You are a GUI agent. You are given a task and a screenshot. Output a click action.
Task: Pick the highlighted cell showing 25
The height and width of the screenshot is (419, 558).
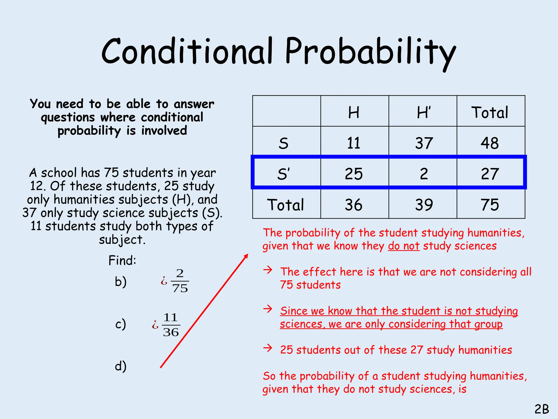click(354, 174)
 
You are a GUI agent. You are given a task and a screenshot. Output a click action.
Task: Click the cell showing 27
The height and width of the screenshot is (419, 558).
click(490, 174)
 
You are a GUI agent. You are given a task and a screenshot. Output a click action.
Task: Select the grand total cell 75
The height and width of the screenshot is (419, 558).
click(490, 205)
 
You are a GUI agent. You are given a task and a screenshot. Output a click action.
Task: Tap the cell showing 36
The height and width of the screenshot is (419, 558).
click(354, 205)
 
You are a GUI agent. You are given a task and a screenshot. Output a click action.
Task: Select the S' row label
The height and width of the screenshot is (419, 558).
click(284, 174)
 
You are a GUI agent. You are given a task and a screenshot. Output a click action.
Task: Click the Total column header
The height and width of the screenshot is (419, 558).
click(490, 112)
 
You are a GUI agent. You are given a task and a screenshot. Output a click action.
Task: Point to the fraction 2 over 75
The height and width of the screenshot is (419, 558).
click(180, 281)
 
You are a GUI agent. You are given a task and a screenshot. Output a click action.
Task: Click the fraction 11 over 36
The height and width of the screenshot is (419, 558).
click(171, 325)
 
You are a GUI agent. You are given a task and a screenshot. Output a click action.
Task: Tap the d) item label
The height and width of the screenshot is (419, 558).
click(121, 366)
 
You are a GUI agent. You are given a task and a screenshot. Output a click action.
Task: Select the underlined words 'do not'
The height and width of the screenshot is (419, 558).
click(404, 246)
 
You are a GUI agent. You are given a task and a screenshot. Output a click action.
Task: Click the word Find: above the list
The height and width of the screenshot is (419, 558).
click(122, 260)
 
